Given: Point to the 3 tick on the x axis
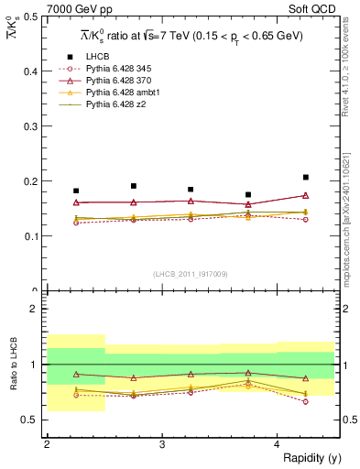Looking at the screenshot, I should [x=162, y=444].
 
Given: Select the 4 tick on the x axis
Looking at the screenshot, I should [x=278, y=444].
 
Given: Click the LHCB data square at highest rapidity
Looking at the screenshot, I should [x=306, y=177].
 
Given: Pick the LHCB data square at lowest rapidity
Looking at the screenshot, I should [x=76, y=191].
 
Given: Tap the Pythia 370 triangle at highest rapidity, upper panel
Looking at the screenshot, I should [x=306, y=195].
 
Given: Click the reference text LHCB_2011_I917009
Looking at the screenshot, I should [x=191, y=274].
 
